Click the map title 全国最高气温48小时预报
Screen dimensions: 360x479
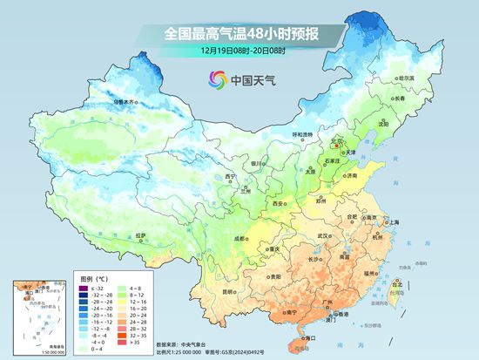point(239,33)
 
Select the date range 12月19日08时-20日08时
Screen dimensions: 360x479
point(239,51)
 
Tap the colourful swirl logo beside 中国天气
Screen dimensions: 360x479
point(217,80)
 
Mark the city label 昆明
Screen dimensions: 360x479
point(228,291)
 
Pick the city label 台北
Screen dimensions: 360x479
point(398,284)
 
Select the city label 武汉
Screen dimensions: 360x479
point(324,235)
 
